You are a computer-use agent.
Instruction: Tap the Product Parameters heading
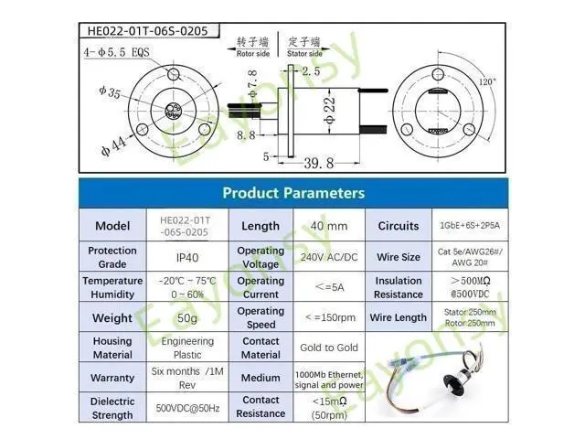(x=293, y=193)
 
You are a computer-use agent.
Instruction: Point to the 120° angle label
(x=487, y=81)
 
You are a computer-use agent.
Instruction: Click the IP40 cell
(x=186, y=258)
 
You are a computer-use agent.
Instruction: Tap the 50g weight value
(x=186, y=317)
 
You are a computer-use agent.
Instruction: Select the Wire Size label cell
(x=399, y=258)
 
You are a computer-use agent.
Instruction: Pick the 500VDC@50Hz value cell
(x=186, y=407)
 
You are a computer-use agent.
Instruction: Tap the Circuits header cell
(x=399, y=226)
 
